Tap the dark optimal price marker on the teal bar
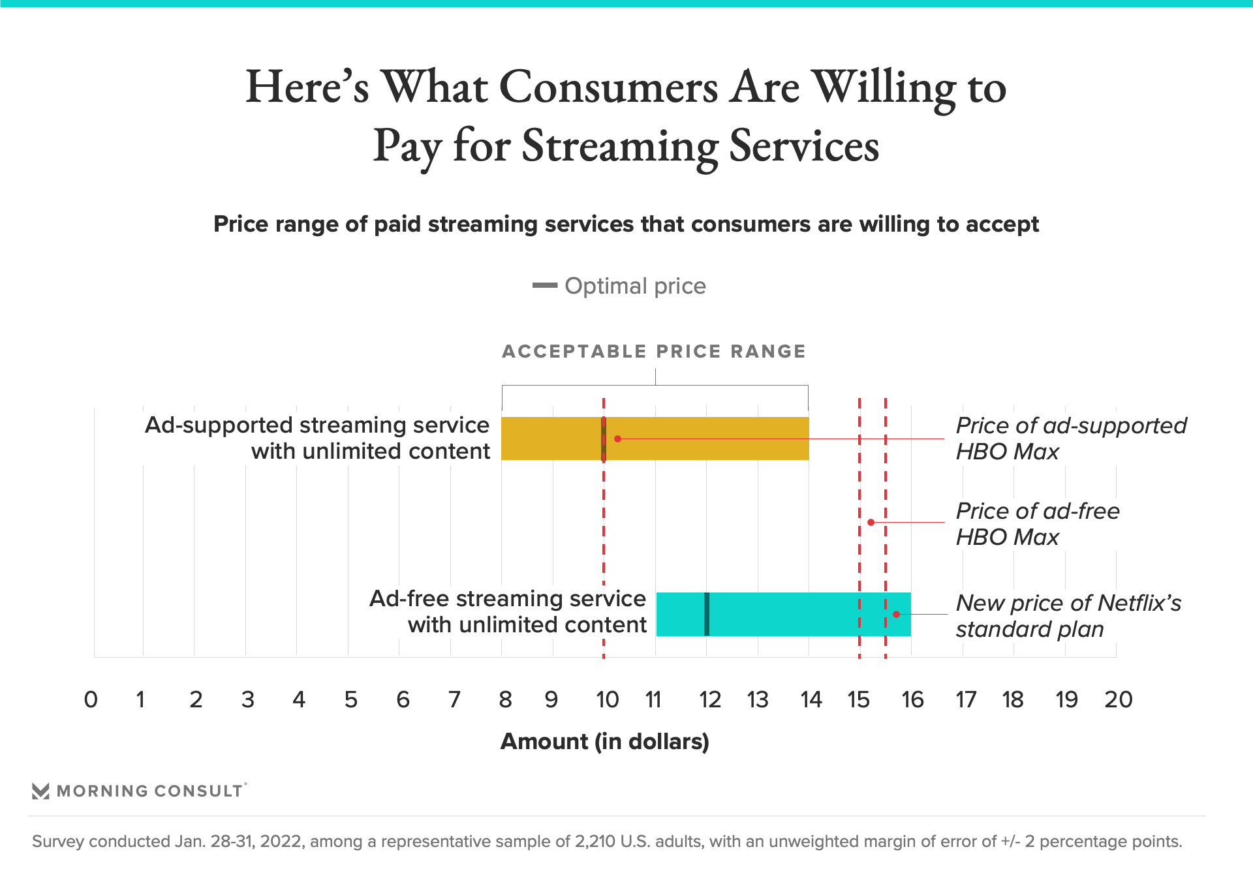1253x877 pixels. tap(707, 614)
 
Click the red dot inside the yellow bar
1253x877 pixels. tap(617, 438)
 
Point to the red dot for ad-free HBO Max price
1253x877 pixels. tap(871, 522)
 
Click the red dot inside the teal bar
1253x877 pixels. tap(896, 614)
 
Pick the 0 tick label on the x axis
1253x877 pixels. tap(91, 700)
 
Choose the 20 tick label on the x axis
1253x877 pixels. tap(1118, 700)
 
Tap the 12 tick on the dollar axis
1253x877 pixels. tap(709, 700)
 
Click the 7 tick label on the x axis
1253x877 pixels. tap(454, 700)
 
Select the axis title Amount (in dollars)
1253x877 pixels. tap(604, 742)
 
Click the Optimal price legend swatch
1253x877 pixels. tap(545, 285)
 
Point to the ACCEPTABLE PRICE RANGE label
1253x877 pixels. tap(654, 351)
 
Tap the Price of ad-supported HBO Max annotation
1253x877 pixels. tap(1070, 438)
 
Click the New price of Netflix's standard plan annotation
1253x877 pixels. tap(1068, 616)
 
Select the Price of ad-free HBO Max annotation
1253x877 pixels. tap(1038, 524)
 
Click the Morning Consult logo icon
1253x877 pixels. tap(40, 791)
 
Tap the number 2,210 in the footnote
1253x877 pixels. tap(595, 841)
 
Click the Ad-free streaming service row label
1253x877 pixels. tap(508, 611)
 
